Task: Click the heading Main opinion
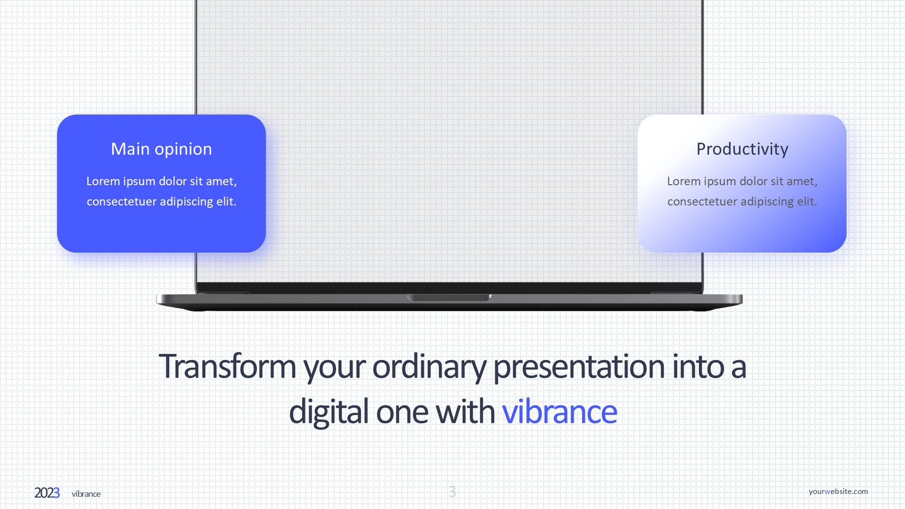tap(161, 149)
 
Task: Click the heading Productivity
tap(742, 149)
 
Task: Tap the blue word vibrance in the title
tap(559, 411)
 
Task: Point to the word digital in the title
tap(329, 411)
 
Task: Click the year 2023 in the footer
tap(47, 493)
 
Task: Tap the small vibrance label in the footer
tap(86, 494)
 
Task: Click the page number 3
tap(452, 492)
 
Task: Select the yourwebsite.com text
tap(838, 491)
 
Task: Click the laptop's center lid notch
tap(449, 297)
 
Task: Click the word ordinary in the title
tap(429, 366)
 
